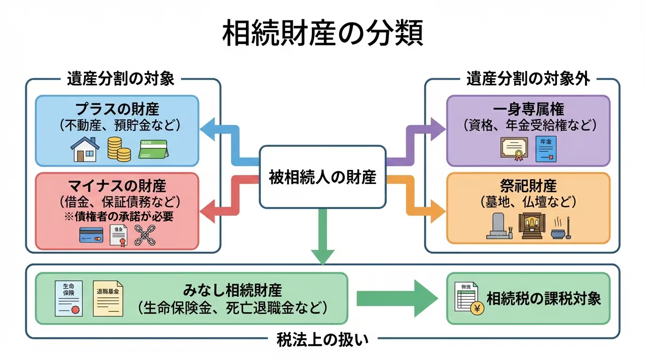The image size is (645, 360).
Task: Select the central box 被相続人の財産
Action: [322, 177]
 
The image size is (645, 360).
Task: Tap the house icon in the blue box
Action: [85, 149]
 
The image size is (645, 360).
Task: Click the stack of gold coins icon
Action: [119, 149]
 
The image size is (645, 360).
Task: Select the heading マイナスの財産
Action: [117, 186]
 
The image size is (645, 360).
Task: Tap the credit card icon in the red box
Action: [91, 235]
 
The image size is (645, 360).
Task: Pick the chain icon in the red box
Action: [145, 235]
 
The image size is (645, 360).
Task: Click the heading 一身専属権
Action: [529, 109]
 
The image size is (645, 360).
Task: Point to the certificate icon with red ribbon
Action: [514, 149]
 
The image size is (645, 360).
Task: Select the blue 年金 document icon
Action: [546, 149]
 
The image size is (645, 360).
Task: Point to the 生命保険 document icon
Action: [68, 298]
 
